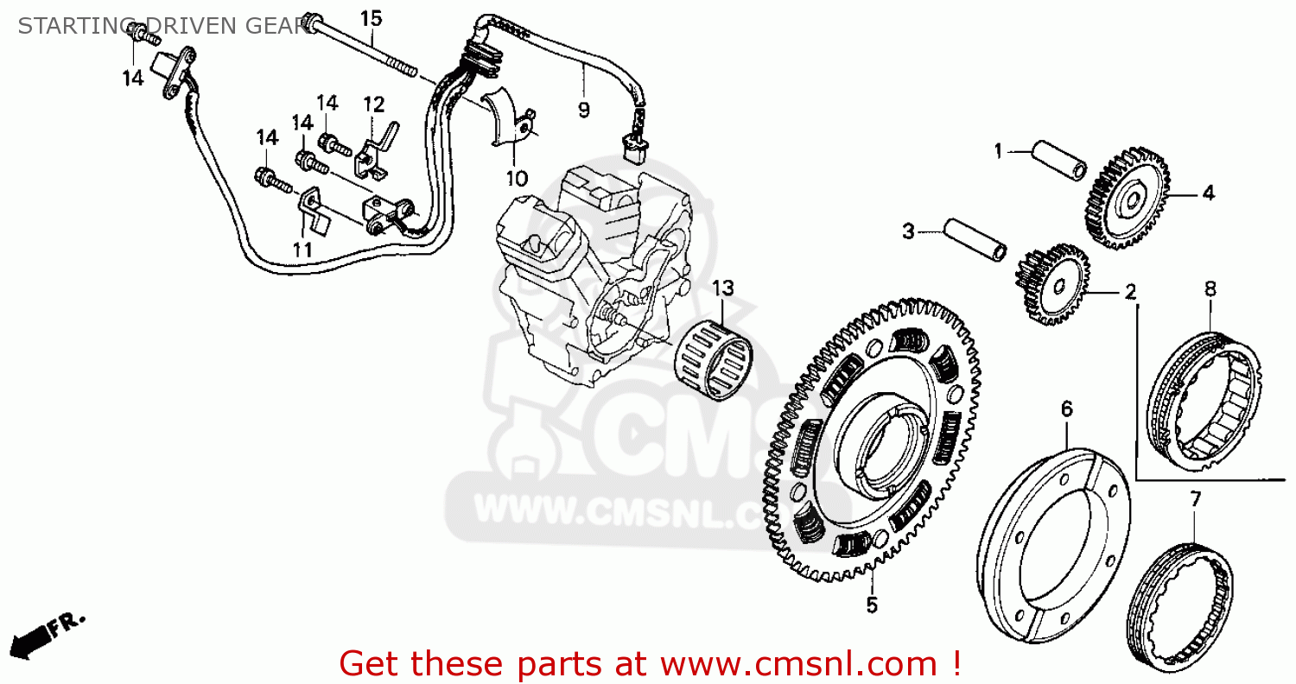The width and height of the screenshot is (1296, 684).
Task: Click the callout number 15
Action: coord(371,17)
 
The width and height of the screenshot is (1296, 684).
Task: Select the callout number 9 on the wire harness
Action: coord(583,110)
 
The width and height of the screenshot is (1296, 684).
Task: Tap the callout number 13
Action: coord(722,288)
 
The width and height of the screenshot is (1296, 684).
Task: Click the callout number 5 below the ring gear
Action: coord(872,605)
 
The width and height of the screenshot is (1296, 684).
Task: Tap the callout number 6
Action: coord(1067,408)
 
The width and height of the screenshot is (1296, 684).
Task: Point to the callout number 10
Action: coord(516,179)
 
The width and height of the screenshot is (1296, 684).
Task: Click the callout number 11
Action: coord(302,250)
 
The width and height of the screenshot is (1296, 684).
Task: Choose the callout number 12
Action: coord(373,104)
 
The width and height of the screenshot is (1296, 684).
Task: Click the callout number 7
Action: coord(1196,498)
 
